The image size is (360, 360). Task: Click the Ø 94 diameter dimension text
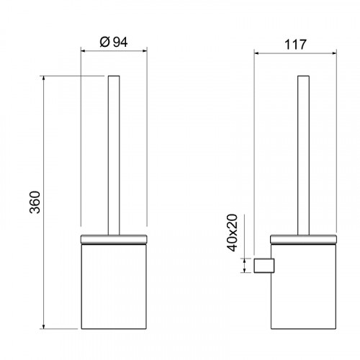[x=114, y=42]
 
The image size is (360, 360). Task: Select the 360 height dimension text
[x=35, y=202]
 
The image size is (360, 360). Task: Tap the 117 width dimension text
[x=295, y=45]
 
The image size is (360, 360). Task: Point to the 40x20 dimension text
[x=232, y=233]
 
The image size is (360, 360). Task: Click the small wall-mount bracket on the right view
[x=264, y=266]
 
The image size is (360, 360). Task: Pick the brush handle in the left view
[x=114, y=156]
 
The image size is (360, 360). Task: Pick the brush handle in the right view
[x=303, y=156]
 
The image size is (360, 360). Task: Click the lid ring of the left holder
[x=114, y=240]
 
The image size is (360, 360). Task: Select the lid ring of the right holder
[x=303, y=240]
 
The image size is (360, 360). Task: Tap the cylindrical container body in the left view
[x=114, y=287]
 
